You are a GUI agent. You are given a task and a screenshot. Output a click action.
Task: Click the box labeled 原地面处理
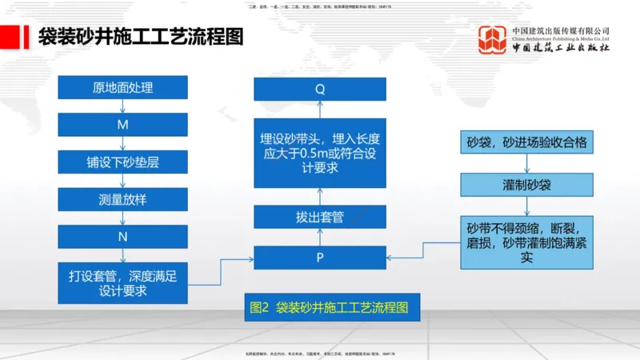click(122, 87)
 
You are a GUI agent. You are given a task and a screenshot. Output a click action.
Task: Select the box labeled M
click(122, 125)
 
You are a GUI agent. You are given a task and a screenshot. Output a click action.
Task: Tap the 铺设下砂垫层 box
click(122, 162)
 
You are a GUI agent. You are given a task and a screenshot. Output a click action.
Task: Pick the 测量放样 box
click(122, 199)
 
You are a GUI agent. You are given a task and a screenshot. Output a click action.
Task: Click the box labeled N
click(122, 237)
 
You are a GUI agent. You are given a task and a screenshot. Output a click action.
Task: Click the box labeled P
click(320, 258)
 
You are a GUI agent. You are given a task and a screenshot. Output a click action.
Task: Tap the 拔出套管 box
click(320, 217)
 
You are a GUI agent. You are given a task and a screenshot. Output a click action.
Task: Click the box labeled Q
click(320, 89)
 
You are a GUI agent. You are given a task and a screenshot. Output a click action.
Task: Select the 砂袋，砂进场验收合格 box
click(526, 144)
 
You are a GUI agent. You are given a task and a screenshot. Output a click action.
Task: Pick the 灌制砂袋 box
click(526, 185)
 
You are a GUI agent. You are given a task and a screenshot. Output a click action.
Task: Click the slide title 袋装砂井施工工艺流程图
click(141, 38)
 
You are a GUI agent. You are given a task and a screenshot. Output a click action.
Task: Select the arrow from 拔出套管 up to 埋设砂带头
click(320, 194)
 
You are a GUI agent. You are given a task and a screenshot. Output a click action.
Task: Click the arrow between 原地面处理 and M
click(122, 106)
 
